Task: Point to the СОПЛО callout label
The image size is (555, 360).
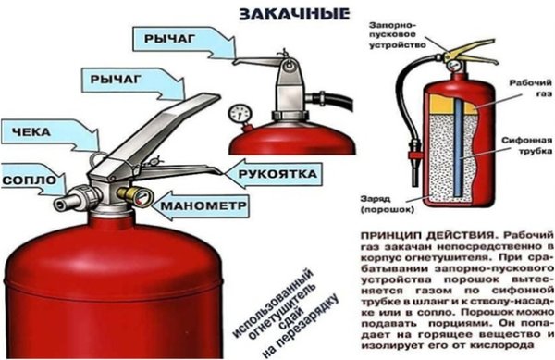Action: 29,177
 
